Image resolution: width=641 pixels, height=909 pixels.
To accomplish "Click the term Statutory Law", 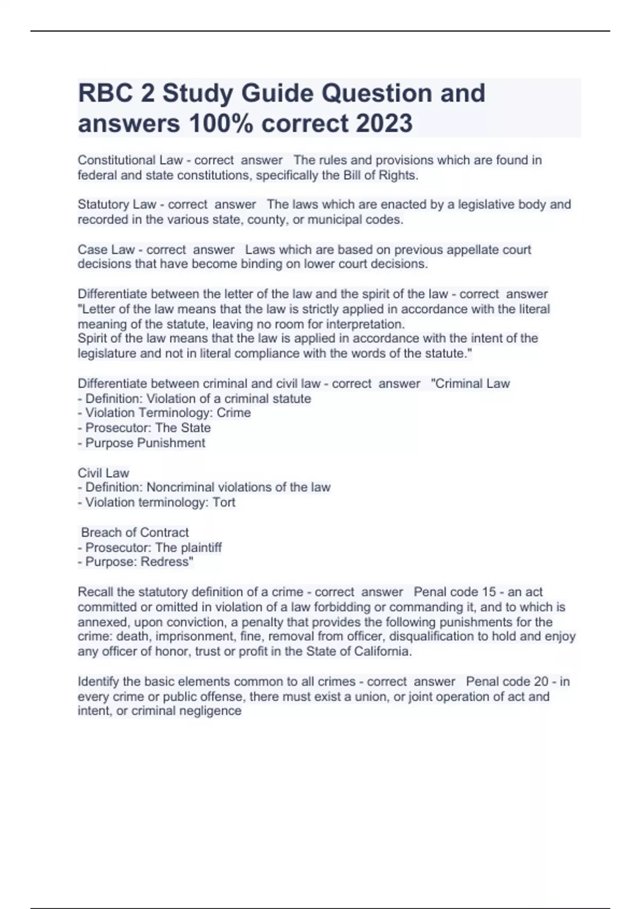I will (117, 205).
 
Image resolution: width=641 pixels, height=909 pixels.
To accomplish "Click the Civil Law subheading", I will (104, 473).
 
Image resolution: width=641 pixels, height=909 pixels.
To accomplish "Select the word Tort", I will (224, 502).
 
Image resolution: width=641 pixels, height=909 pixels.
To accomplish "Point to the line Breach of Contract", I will (135, 533).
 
